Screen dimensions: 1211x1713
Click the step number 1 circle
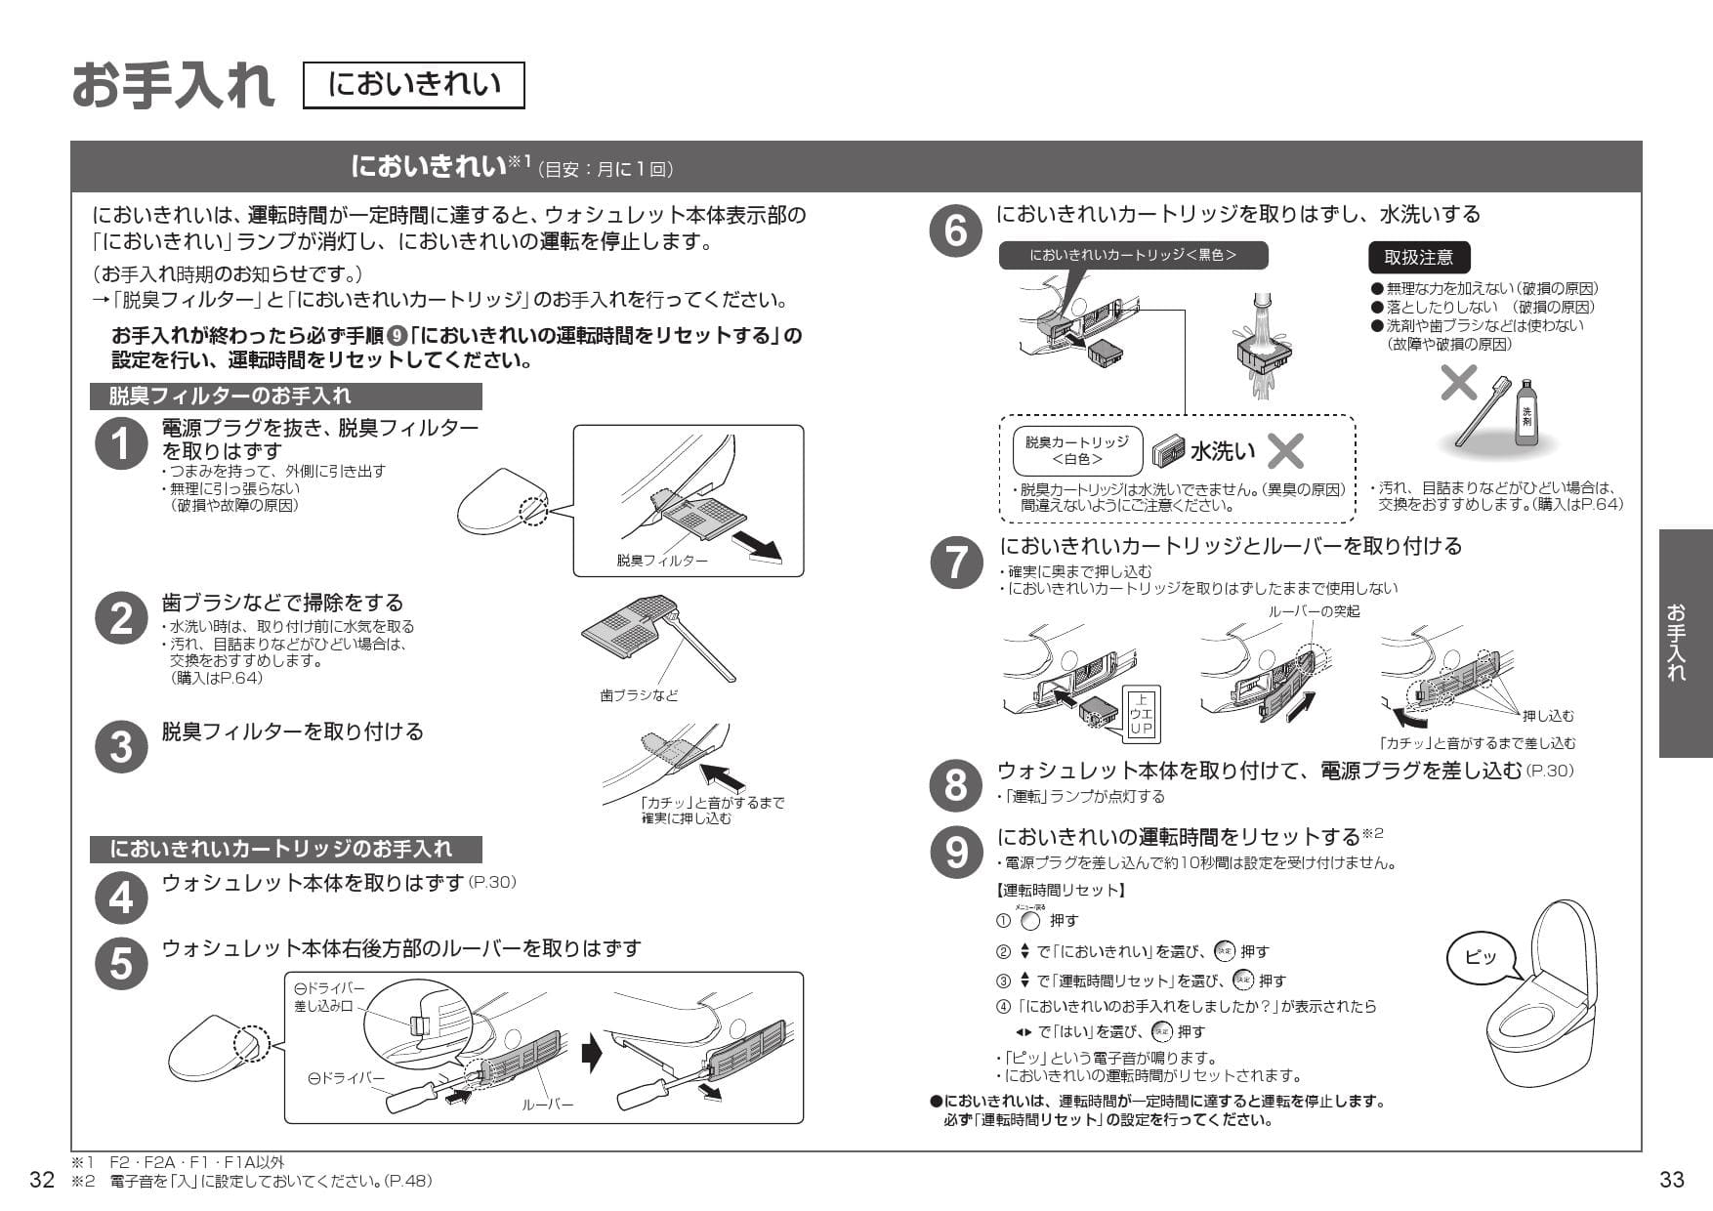[120, 444]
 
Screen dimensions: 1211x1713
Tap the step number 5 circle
[120, 962]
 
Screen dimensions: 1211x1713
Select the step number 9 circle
[955, 852]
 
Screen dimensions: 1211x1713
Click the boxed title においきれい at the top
[414, 85]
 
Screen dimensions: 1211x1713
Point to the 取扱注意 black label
[1418, 258]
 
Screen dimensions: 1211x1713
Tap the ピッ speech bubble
[1481, 956]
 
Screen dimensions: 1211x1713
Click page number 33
[1671, 1180]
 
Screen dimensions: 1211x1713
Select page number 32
[42, 1180]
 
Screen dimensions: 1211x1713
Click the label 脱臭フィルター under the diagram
[661, 561]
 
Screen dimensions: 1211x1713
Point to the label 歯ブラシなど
[639, 695]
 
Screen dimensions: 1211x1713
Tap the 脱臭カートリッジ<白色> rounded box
[1076, 450]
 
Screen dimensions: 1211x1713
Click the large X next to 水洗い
[1285, 451]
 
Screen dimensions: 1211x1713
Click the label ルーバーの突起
[1313, 611]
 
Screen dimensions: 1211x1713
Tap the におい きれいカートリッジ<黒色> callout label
[1133, 256]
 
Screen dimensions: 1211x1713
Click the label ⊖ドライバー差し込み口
[329, 997]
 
